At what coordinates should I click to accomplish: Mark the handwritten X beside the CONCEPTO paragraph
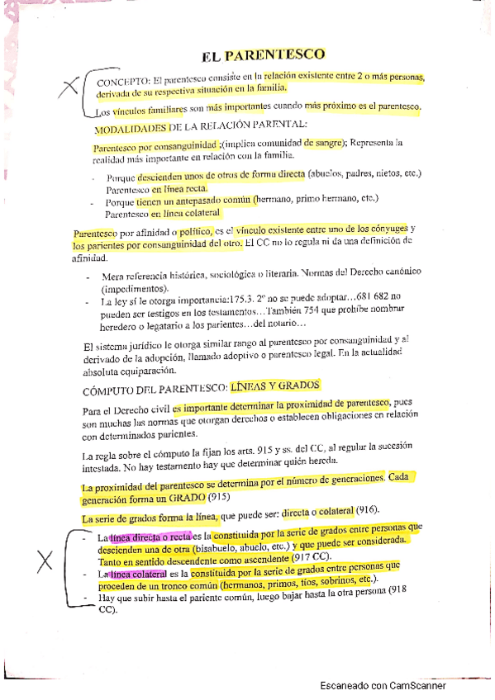click(x=70, y=84)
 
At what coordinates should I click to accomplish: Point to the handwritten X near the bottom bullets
click(x=46, y=563)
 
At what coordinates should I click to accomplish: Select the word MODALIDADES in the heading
click(x=130, y=128)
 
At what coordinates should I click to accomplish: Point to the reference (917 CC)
click(x=307, y=556)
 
